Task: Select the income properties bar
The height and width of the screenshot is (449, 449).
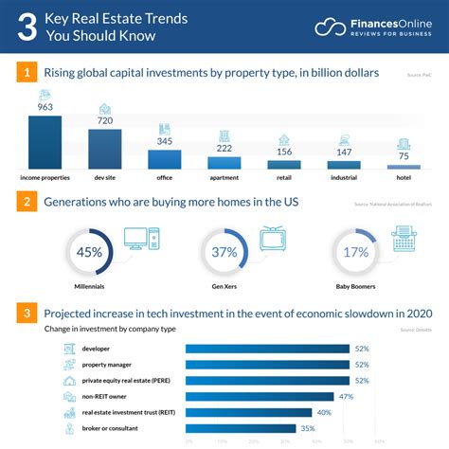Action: click(x=45, y=143)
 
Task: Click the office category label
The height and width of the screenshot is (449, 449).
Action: click(x=164, y=177)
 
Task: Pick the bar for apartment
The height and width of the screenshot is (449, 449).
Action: click(x=224, y=163)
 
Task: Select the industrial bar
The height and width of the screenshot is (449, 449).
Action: click(x=344, y=165)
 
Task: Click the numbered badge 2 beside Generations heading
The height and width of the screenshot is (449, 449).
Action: click(x=29, y=201)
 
